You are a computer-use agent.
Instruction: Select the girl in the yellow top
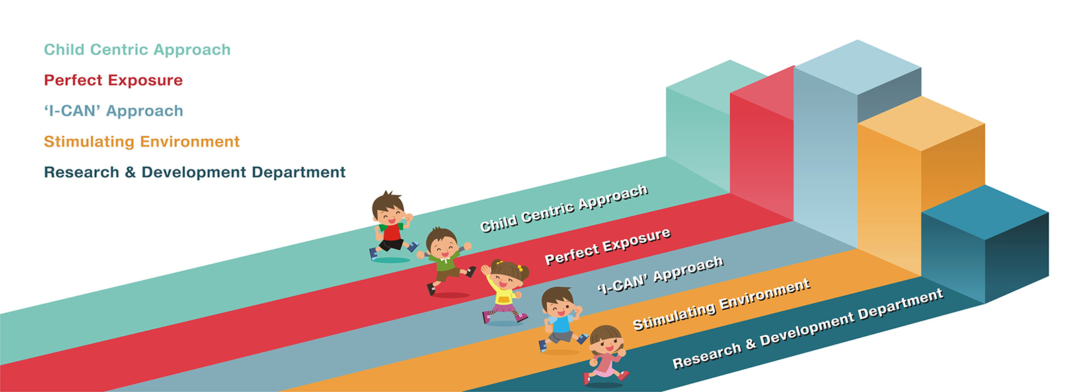[505, 291]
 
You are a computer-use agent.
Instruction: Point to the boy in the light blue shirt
[560, 319]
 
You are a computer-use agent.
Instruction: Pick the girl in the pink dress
[606, 354]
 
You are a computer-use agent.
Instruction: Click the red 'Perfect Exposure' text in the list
[114, 80]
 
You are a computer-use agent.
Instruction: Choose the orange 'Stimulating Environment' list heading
[142, 142]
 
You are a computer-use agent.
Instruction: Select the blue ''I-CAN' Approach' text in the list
[114, 111]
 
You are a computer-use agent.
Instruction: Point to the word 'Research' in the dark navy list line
[81, 172]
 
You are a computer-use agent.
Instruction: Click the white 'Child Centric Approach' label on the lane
[564, 208]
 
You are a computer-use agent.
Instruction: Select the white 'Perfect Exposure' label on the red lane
[608, 247]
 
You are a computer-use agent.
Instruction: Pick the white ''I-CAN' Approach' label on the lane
[660, 275]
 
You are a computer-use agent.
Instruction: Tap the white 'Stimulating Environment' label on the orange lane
[722, 305]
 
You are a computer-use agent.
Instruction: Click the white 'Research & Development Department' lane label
[808, 329]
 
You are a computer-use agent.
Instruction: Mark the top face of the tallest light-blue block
[857, 67]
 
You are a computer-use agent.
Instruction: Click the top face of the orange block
[921, 124]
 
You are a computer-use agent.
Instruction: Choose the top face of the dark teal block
[985, 212]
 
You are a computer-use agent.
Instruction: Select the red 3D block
[762, 144]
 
